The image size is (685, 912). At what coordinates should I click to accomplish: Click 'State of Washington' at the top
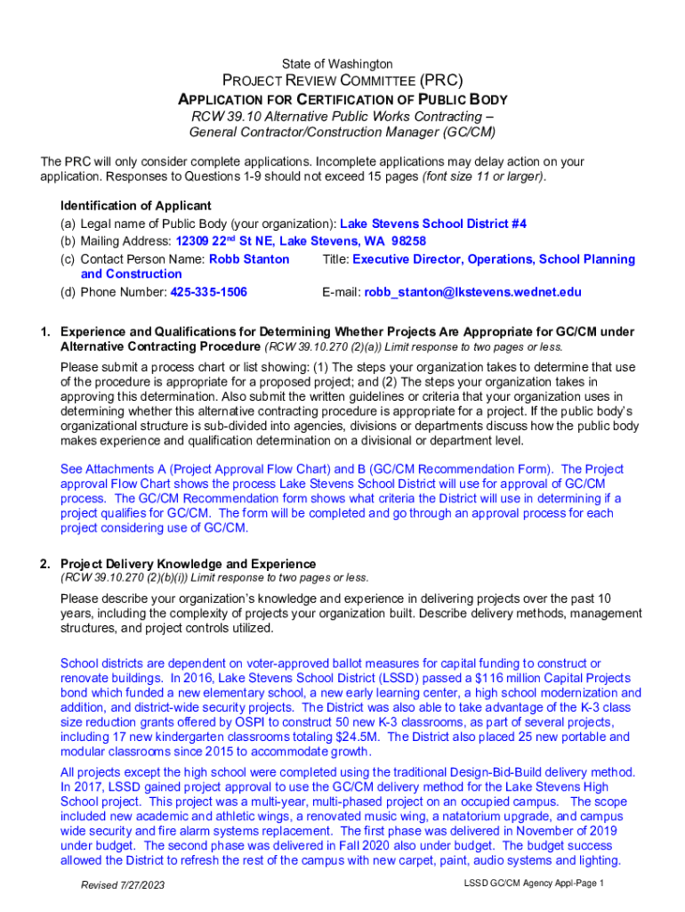click(337, 64)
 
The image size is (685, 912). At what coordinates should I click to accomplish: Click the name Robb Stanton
click(249, 259)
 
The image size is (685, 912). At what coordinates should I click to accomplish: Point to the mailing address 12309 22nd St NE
click(234, 241)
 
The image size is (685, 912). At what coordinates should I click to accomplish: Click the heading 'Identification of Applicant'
click(135, 206)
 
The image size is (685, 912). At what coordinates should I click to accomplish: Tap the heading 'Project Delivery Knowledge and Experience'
click(188, 564)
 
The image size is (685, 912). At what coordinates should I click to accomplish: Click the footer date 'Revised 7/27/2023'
click(123, 885)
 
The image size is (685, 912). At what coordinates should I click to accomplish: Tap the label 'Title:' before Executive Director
click(335, 259)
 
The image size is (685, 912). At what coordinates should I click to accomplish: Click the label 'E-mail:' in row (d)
click(341, 292)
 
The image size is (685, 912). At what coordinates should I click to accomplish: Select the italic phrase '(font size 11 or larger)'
click(484, 176)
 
